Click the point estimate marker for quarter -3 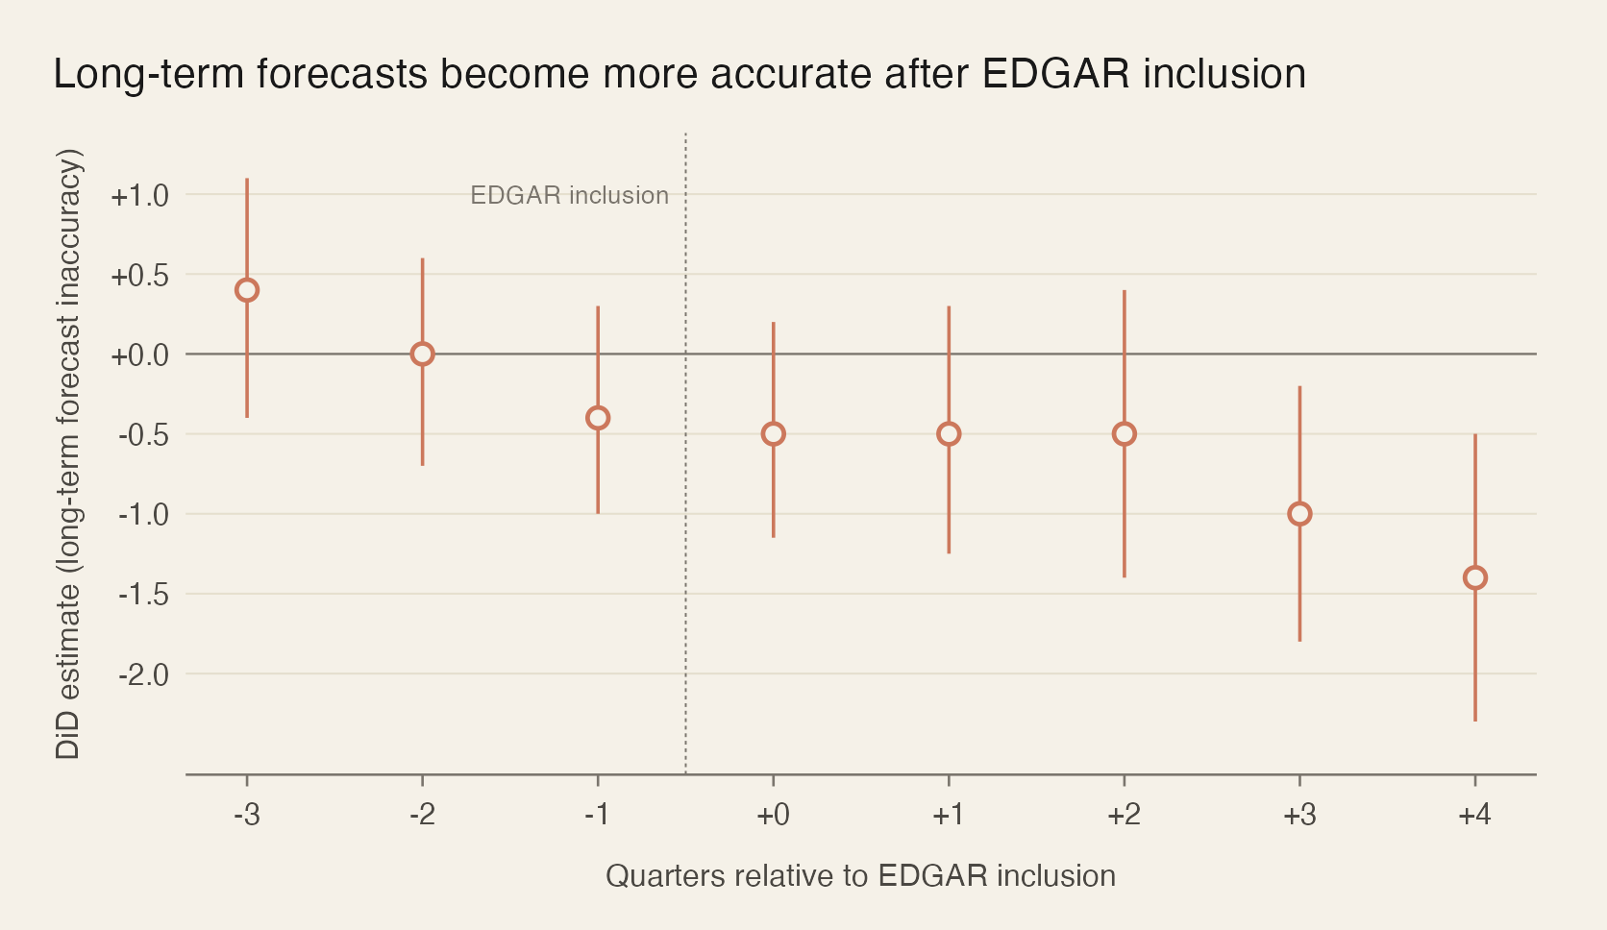point(247,290)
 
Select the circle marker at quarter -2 point(422,354)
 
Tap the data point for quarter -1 point(598,418)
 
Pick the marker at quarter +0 point(773,434)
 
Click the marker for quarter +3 point(1299,514)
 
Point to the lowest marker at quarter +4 point(1474,577)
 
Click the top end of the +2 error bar point(1124,291)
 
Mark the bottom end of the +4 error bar point(1474,720)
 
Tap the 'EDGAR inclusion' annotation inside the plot point(569,196)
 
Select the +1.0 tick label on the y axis point(139,196)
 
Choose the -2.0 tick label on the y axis point(143,675)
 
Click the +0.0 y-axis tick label point(139,355)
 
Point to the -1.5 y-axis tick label point(143,596)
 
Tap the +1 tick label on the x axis point(948,816)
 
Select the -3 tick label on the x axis point(247,816)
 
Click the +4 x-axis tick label point(1474,816)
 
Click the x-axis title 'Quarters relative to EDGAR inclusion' point(860,876)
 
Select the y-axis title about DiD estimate point(68,453)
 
